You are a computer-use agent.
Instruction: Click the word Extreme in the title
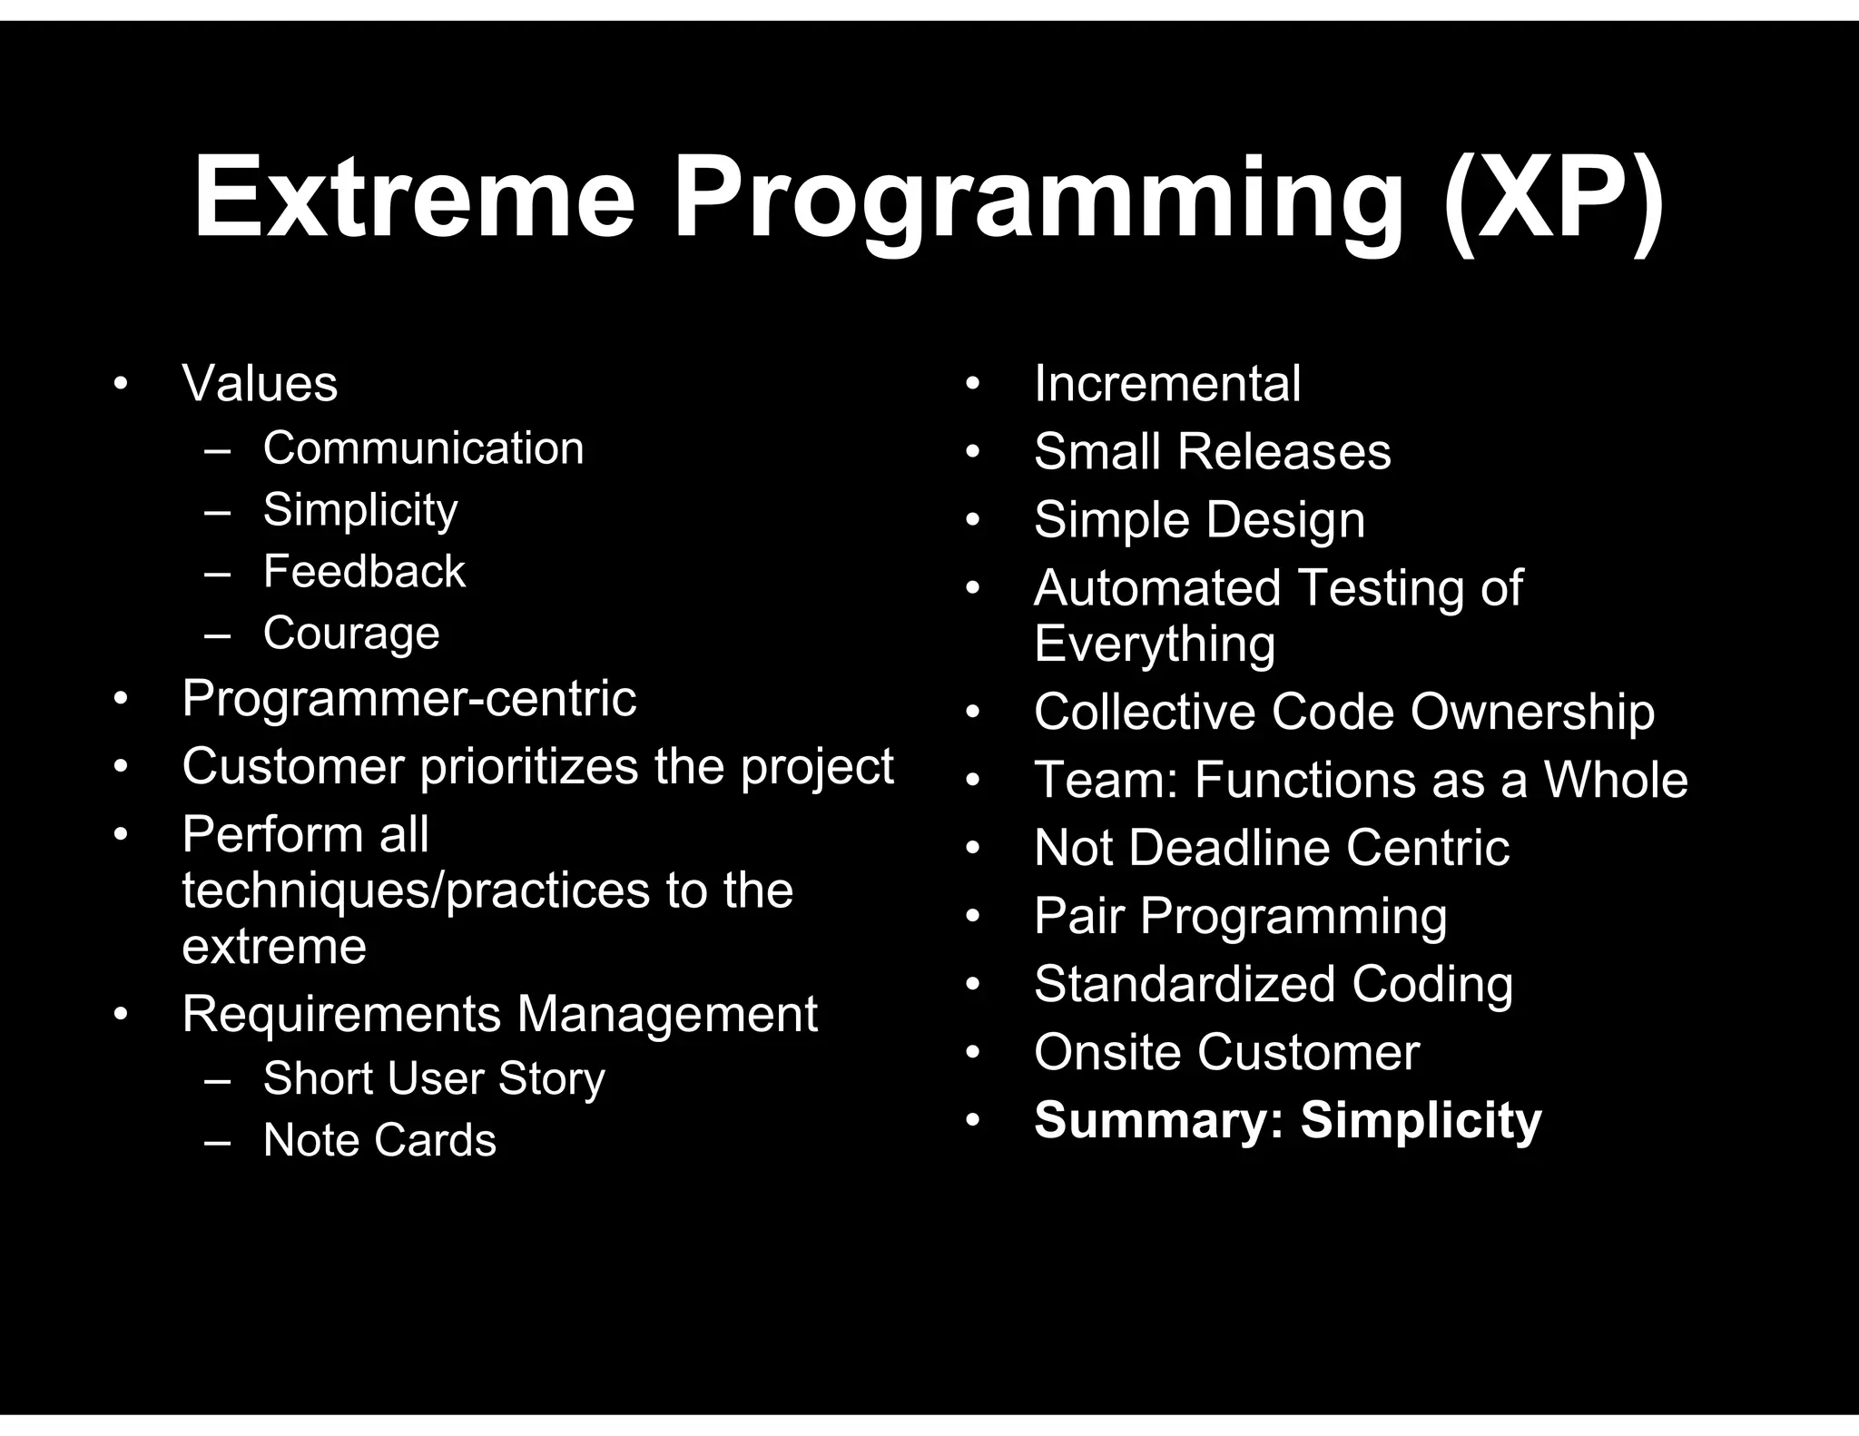click(413, 198)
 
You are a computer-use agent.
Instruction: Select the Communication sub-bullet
click(423, 448)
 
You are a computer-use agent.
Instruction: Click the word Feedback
click(364, 572)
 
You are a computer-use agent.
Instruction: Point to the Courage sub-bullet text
click(351, 634)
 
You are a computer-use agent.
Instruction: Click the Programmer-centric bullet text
click(408, 699)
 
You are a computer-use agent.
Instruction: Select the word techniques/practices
click(415, 890)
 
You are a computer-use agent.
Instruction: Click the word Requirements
click(341, 1014)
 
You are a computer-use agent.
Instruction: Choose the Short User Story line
click(433, 1079)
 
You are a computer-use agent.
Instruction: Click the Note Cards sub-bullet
click(379, 1140)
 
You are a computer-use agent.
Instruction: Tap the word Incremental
click(1166, 384)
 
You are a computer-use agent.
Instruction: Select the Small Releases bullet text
click(1212, 452)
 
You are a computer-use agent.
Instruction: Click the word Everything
click(1154, 644)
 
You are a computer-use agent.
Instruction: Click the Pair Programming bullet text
click(1240, 916)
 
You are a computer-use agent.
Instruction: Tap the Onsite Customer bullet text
click(1226, 1053)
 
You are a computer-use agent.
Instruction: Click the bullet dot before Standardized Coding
click(972, 985)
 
